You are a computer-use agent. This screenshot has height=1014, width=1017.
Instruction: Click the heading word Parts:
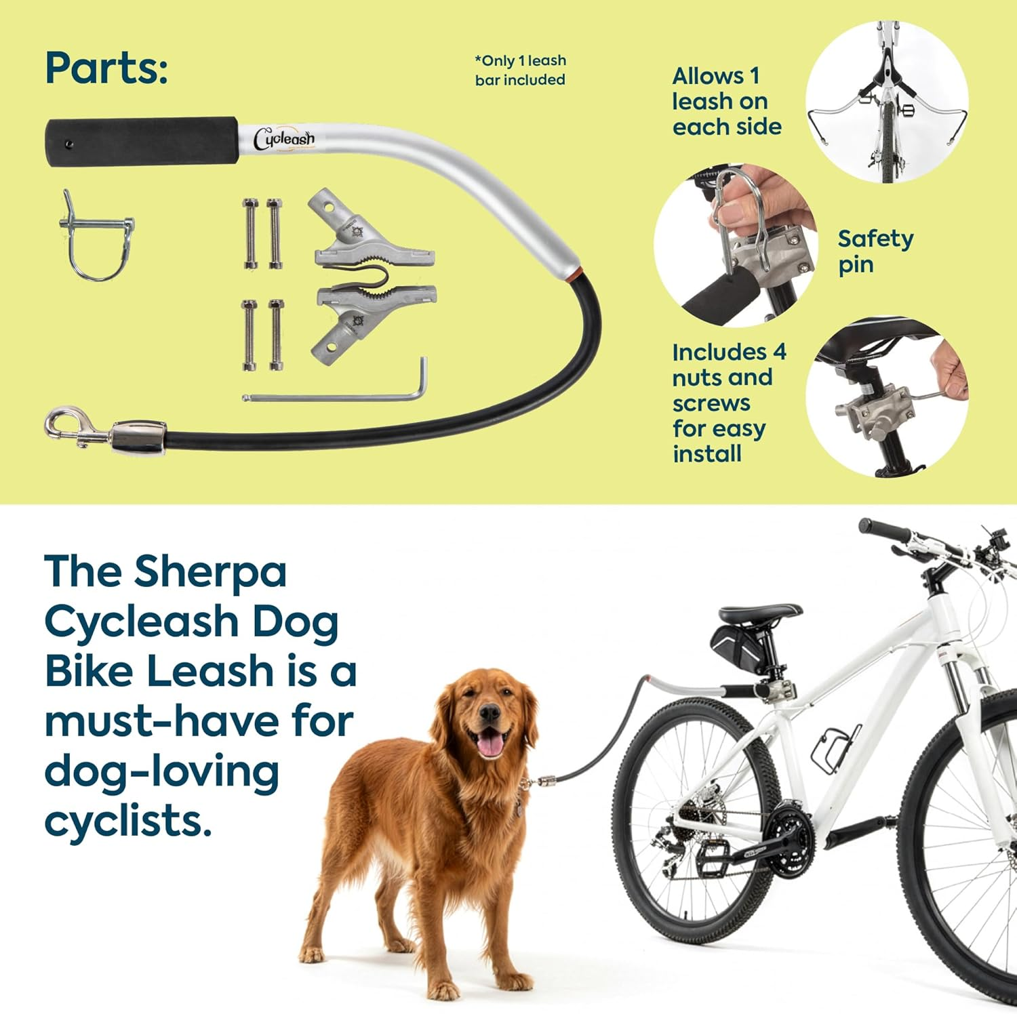pos(106,68)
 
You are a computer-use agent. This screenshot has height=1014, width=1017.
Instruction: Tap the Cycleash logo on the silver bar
pos(283,139)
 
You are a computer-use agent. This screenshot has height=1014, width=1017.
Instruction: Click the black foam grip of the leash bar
pos(141,142)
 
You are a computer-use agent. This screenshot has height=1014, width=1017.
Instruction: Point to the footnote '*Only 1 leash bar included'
pos(520,70)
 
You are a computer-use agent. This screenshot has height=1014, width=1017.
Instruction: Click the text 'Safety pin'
pos(875,251)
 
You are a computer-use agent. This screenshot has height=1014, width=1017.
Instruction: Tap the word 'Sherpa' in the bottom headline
pos(210,572)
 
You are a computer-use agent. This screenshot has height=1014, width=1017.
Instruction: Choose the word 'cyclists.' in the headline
pos(127,821)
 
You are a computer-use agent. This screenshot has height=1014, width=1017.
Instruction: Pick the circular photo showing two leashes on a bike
pos(886,102)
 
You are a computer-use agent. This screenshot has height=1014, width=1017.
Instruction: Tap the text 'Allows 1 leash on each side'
pos(726,102)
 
